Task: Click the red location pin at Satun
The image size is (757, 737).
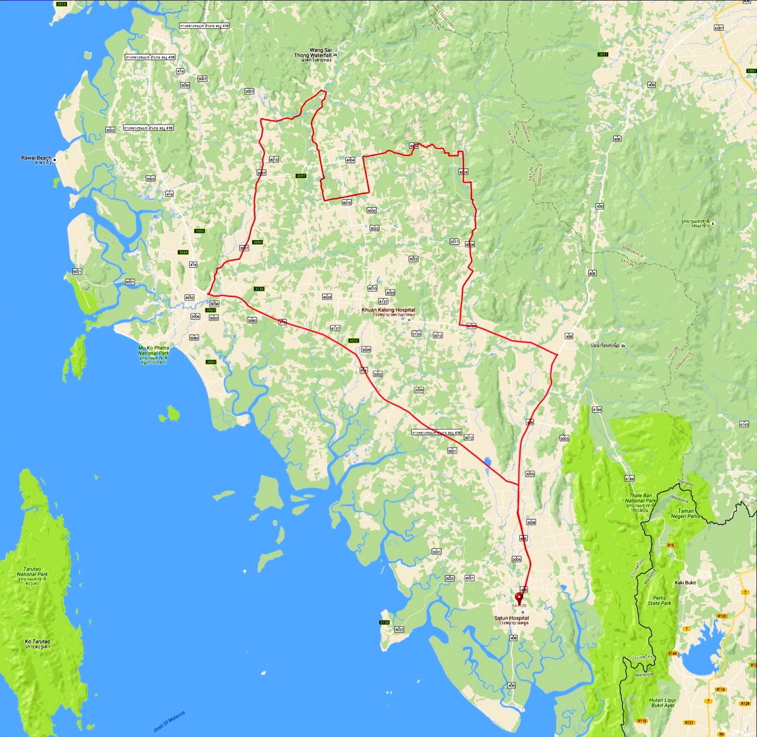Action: pos(518,598)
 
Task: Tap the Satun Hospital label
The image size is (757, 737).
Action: pos(511,618)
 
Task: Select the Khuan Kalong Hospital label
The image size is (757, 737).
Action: pos(388,310)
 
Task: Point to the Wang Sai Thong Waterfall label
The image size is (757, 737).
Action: pos(313,53)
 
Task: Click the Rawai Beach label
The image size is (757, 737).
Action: pos(36,158)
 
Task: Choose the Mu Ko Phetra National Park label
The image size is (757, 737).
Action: pos(154,351)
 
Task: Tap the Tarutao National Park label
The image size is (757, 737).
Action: pos(32,572)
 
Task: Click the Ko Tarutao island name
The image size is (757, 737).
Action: pos(37,642)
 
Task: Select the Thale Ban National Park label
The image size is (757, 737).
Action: pos(640,499)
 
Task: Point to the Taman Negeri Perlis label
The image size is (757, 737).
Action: pos(685,514)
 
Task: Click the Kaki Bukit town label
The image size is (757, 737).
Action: pos(685,583)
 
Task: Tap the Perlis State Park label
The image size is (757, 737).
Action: pos(659,600)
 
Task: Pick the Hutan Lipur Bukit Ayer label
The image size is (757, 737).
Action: pos(663,703)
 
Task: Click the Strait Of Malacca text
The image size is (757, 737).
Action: pos(169,722)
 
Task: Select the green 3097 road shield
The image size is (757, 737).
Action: pos(301,176)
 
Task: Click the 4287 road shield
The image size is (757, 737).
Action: pos(719,28)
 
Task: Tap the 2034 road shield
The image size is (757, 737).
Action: pos(62,4)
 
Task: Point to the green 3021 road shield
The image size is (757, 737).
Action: pos(603,54)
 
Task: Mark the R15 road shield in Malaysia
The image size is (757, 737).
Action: pos(670,545)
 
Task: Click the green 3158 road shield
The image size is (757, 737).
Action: pos(384,622)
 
